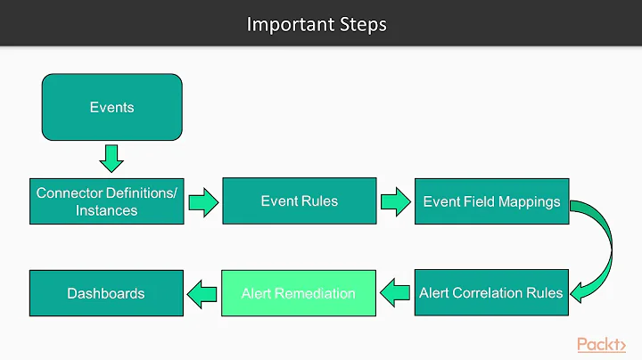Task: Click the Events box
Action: [111, 107]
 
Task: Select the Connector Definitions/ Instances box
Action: [106, 201]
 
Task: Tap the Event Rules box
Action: [299, 201]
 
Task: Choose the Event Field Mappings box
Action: [491, 201]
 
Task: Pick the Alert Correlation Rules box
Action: [491, 292]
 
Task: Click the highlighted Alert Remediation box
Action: [299, 292]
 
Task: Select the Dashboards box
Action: [106, 292]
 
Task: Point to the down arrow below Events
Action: [111, 159]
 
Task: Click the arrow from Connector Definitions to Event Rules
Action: [202, 201]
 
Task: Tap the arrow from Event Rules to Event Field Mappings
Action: [395, 201]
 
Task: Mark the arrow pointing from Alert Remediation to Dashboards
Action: [202, 292]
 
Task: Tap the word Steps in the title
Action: [363, 24]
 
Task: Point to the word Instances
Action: [106, 211]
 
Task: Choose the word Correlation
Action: [494, 292]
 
